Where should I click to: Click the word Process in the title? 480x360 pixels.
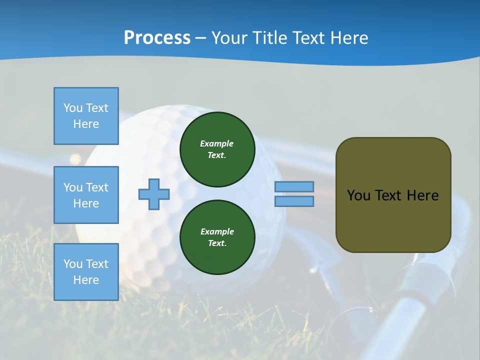click(x=157, y=38)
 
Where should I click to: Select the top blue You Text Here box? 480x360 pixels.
click(x=86, y=116)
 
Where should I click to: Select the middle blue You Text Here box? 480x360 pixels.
click(x=86, y=195)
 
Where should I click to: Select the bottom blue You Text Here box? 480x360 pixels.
click(x=86, y=272)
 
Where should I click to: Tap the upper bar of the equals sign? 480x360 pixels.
click(x=294, y=187)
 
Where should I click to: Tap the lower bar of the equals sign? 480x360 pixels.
click(x=294, y=201)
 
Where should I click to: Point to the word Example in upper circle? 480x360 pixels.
click(x=217, y=143)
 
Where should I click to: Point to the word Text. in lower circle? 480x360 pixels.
click(x=217, y=243)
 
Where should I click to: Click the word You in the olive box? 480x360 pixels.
click(x=358, y=195)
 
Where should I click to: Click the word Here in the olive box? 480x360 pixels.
click(x=422, y=195)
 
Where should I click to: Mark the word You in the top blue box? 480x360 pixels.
click(x=73, y=108)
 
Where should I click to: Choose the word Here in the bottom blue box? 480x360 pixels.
click(x=86, y=280)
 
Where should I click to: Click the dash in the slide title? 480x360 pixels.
click(x=201, y=38)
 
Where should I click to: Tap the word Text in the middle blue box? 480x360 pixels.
click(x=97, y=187)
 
